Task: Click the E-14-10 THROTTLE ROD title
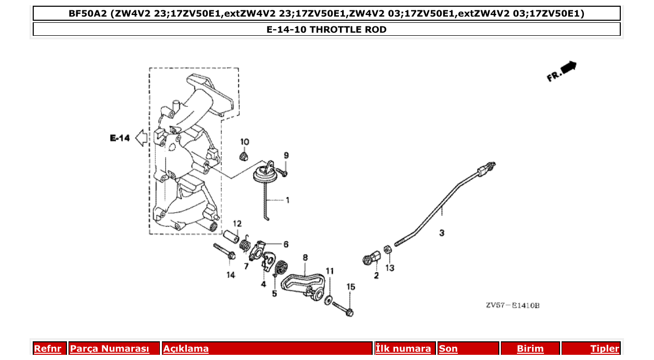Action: pos(326,30)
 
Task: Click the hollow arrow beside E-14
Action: pos(141,138)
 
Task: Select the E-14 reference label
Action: pos(119,138)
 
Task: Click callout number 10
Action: pos(244,142)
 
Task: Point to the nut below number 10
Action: pos(243,156)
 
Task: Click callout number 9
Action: pos(285,156)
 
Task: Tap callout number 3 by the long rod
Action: pos(442,233)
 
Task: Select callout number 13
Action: pos(389,268)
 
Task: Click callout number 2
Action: pos(376,276)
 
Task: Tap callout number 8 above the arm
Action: pos(305,257)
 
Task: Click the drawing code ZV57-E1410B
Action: pos(512,306)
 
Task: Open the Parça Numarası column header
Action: pos(110,349)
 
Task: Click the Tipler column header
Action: pos(604,349)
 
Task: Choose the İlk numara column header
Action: pos(403,349)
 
